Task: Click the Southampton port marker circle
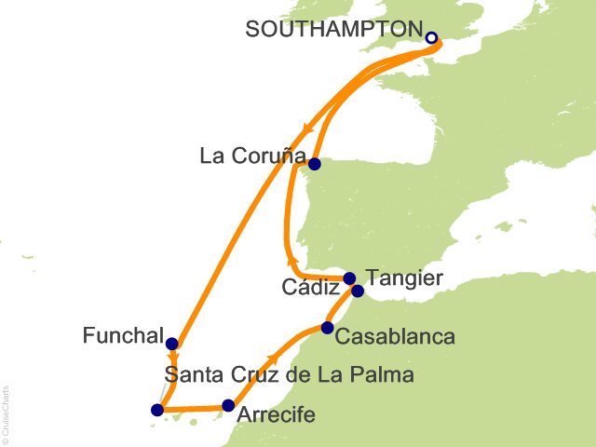pyautogui.click(x=431, y=38)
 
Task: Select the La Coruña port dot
pyautogui.click(x=315, y=165)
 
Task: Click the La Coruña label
pyautogui.click(x=251, y=156)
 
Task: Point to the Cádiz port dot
pyautogui.click(x=349, y=278)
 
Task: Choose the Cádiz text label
pyautogui.click(x=310, y=289)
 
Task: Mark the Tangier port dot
pyautogui.click(x=358, y=291)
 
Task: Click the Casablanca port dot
pyautogui.click(x=327, y=327)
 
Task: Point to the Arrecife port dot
pyautogui.click(x=228, y=405)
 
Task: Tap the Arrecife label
pyautogui.click(x=277, y=416)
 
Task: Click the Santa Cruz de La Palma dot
pyautogui.click(x=157, y=410)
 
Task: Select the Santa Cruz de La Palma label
pyautogui.click(x=289, y=376)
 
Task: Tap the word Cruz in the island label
pyautogui.click(x=244, y=376)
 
